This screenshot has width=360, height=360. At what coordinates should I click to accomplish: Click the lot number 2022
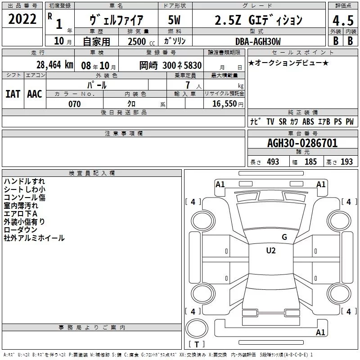click(22, 19)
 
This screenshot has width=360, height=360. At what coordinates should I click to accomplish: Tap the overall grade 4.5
click(343, 21)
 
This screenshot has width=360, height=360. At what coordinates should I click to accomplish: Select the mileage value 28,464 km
click(54, 65)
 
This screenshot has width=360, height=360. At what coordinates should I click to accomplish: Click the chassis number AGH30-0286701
click(302, 143)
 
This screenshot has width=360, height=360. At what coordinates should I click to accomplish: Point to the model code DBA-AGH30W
click(258, 41)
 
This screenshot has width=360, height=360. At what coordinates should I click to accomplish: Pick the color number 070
click(74, 104)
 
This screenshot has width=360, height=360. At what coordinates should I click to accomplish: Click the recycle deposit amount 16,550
click(224, 104)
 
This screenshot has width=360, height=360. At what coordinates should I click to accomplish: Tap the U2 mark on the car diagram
click(271, 251)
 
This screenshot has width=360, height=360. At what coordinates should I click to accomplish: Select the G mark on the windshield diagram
click(284, 237)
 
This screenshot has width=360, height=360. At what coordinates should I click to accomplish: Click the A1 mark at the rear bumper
click(320, 332)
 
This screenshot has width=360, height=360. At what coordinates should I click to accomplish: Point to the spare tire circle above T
click(197, 328)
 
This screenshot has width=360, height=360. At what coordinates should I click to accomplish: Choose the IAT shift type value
click(13, 94)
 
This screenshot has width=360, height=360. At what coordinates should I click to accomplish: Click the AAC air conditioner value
click(35, 94)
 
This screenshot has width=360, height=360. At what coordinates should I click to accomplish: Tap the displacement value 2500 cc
click(141, 41)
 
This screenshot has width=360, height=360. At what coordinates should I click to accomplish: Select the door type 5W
click(174, 20)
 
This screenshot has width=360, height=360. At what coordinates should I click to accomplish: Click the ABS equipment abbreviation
click(308, 121)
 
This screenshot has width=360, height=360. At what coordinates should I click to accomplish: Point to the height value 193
click(346, 162)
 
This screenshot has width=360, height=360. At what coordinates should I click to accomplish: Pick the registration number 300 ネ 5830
click(182, 65)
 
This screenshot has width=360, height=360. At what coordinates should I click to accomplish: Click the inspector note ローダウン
click(20, 230)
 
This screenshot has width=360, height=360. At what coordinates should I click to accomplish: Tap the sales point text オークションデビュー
click(288, 63)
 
